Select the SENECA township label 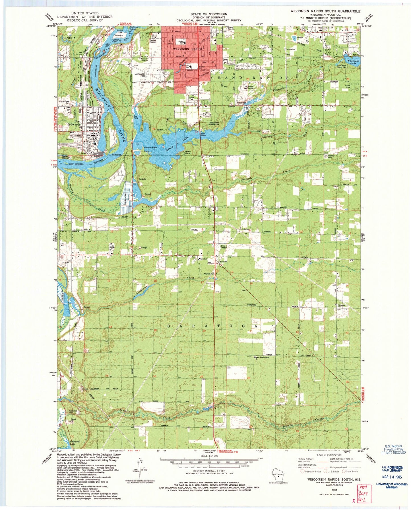point(65,38)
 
